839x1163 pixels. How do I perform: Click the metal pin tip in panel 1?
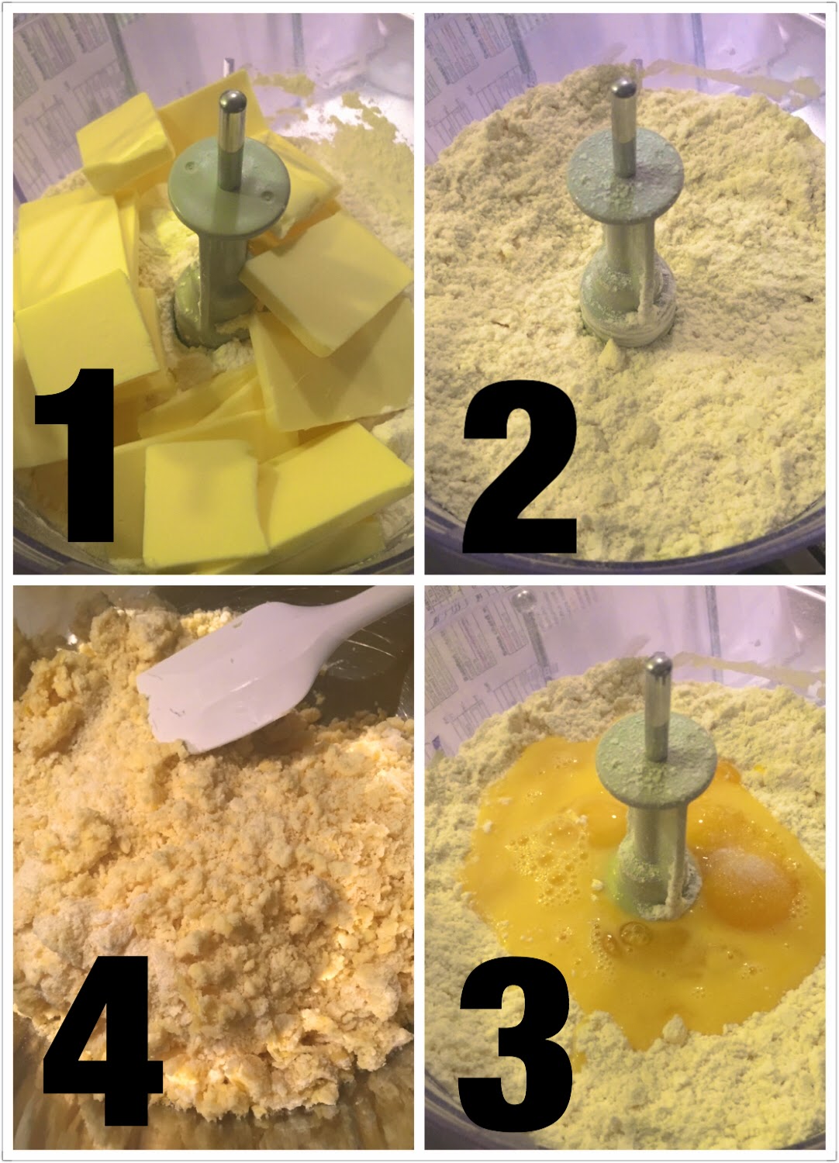point(232,98)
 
